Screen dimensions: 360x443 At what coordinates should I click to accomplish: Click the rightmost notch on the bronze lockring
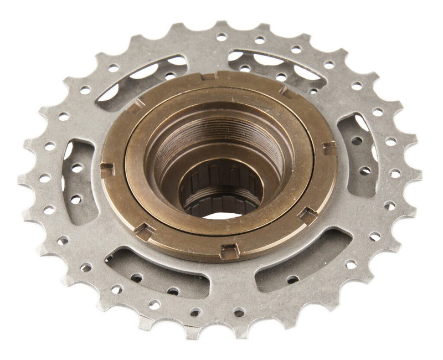[330, 148]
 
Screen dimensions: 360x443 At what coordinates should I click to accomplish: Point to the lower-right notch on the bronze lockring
[307, 215]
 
